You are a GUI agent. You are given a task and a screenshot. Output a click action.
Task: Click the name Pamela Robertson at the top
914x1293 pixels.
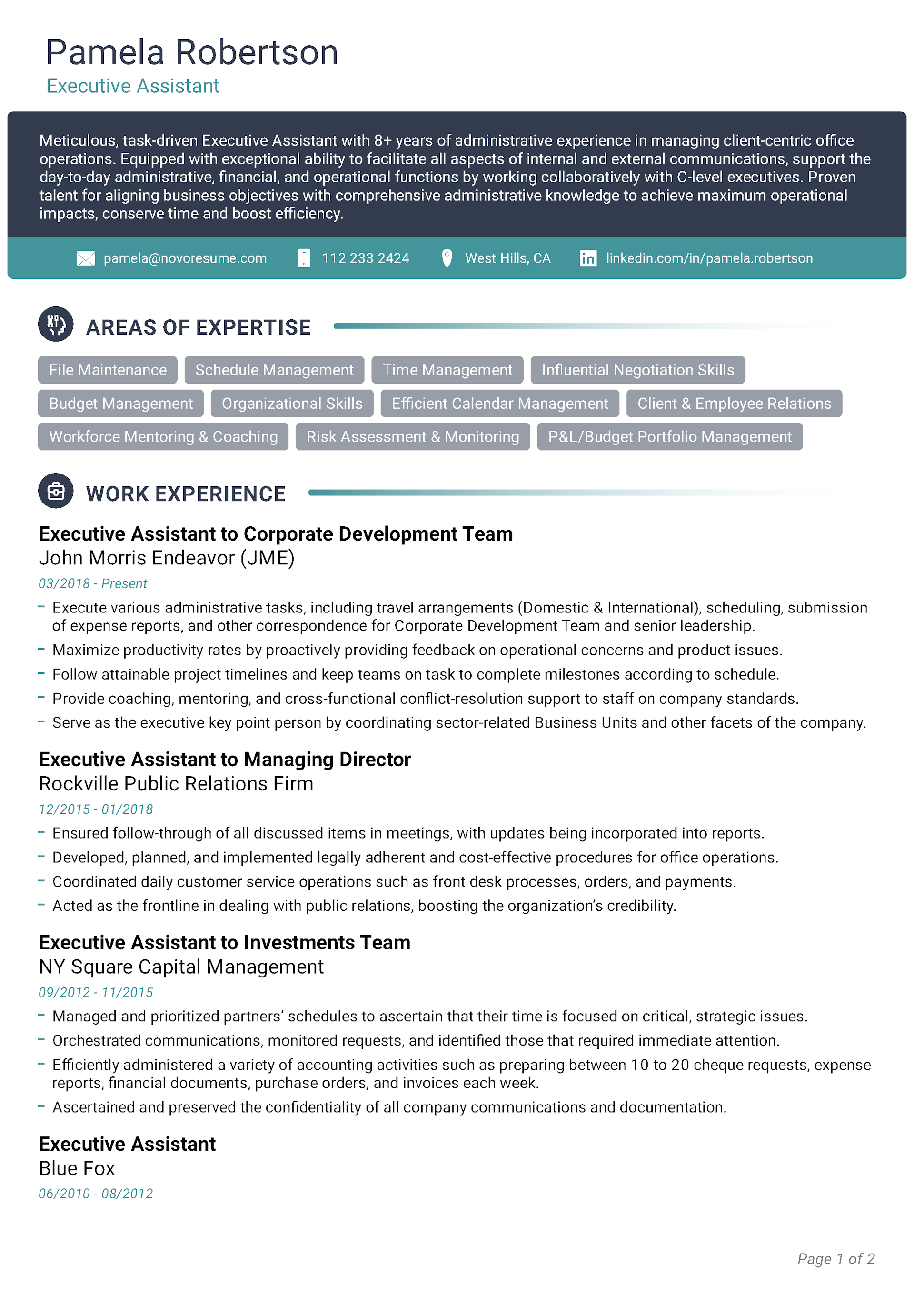(x=191, y=52)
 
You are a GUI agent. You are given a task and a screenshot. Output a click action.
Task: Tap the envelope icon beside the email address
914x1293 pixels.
(x=86, y=258)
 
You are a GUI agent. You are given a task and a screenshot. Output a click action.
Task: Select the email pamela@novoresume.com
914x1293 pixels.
(x=185, y=258)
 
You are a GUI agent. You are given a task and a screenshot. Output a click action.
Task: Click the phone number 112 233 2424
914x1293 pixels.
(x=365, y=258)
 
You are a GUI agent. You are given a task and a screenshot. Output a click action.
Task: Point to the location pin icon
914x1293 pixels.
(x=447, y=258)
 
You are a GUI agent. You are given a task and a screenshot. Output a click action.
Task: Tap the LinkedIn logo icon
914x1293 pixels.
(x=588, y=258)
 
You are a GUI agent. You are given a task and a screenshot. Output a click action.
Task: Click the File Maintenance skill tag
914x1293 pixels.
(x=108, y=370)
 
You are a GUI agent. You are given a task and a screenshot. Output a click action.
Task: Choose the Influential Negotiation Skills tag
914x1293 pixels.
(x=637, y=370)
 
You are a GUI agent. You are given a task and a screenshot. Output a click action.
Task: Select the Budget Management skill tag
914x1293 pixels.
(x=120, y=403)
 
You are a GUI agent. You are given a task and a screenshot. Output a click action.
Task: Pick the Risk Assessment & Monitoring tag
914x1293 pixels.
(x=412, y=436)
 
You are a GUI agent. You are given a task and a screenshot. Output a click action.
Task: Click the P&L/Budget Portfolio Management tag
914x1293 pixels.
(x=669, y=436)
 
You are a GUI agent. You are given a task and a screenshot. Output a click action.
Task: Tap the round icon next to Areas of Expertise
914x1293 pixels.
(x=56, y=325)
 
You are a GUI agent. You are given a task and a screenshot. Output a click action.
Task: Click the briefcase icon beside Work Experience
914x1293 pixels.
(x=56, y=491)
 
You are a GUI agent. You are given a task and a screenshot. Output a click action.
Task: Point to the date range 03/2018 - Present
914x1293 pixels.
(x=92, y=583)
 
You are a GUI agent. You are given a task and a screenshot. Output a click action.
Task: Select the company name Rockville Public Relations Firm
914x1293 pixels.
(x=176, y=783)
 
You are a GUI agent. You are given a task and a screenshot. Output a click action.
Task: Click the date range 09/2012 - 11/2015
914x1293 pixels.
(x=96, y=992)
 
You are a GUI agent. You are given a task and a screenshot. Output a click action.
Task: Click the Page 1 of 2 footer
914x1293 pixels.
(x=835, y=1259)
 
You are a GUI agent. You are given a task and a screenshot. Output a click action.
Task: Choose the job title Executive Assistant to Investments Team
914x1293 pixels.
(x=224, y=943)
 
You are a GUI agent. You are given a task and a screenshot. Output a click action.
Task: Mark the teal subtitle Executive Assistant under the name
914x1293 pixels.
(x=132, y=86)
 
